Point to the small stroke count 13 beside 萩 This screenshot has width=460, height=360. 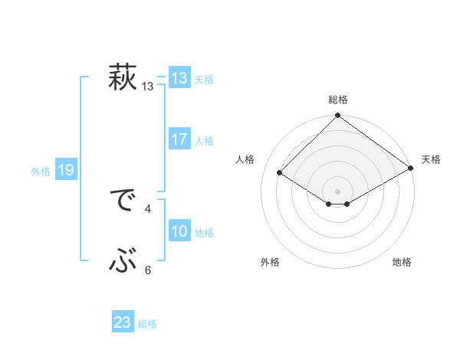(148, 87)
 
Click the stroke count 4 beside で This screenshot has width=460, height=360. (148, 208)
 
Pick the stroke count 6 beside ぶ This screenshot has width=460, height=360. (148, 270)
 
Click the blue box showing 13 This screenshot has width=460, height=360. (179, 78)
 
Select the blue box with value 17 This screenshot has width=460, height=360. (179, 140)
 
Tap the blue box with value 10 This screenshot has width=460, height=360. (179, 232)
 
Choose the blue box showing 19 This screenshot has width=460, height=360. (66, 171)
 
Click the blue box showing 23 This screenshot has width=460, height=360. (123, 322)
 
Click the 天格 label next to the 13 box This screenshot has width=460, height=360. (204, 80)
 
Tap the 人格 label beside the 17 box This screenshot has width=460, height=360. (204, 141)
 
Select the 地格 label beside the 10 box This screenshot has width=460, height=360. (204, 233)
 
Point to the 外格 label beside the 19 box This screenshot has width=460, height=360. (41, 172)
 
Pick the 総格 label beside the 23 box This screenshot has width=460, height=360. (147, 324)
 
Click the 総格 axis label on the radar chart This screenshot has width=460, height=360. (338, 100)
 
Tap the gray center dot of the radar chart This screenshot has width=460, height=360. (338, 191)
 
